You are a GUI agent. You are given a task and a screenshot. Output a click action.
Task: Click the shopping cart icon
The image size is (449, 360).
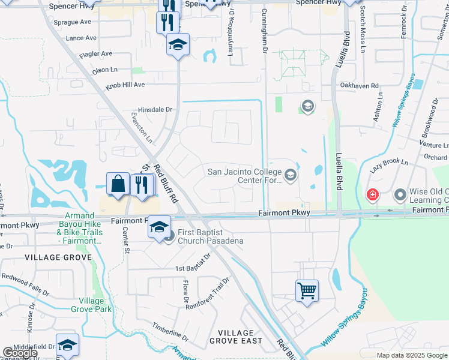pyautogui.click(x=307, y=291)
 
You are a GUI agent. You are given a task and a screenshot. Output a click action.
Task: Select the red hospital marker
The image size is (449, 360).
pyautogui.click(x=373, y=195)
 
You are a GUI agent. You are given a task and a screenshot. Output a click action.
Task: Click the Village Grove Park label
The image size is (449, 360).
pyautogui.click(x=91, y=305)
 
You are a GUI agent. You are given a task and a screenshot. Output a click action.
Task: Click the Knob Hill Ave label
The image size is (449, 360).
pyautogui.click(x=125, y=85)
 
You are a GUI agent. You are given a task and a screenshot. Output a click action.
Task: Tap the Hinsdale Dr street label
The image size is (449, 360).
pyautogui.click(x=155, y=110)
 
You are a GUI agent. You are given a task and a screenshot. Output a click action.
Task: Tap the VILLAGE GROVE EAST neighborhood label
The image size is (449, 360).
pyautogui.click(x=236, y=337)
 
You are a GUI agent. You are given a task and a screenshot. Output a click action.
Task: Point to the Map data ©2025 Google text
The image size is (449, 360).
pyautogui.click(x=411, y=355)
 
